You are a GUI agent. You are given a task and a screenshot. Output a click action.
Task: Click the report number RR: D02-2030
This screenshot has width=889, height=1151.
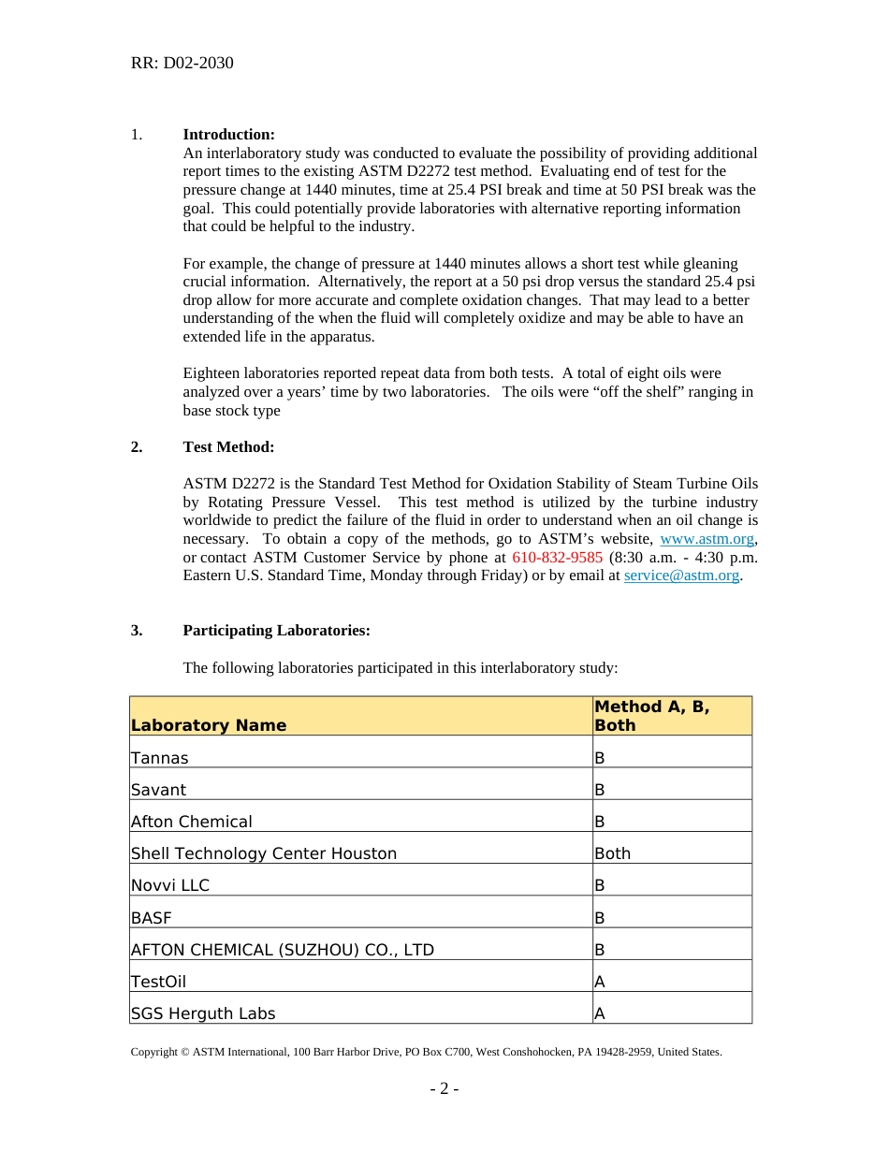[x=182, y=64]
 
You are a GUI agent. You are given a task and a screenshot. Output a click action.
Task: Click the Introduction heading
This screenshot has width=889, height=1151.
[x=228, y=135]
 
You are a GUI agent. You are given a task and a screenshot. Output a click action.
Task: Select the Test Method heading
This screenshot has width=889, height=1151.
[x=228, y=447]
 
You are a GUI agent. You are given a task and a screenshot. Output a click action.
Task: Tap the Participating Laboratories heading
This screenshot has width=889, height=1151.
[x=276, y=631]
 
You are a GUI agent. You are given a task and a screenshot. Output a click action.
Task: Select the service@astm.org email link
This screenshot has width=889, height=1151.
[x=681, y=575]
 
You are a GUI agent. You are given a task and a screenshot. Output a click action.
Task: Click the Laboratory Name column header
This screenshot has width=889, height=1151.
[x=209, y=725]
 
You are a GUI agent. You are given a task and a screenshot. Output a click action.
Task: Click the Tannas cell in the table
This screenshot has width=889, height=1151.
[x=160, y=758]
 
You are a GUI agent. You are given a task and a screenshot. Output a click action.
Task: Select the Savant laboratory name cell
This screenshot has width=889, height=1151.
[x=158, y=790]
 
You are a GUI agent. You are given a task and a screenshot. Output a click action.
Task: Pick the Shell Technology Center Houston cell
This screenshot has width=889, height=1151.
[x=264, y=853]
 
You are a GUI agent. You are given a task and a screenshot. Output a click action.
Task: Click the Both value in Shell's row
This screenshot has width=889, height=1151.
[x=613, y=853]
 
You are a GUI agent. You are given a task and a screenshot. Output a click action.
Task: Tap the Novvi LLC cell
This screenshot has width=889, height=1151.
[x=170, y=885]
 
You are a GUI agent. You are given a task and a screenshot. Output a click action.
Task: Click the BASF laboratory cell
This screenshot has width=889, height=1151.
[x=152, y=917]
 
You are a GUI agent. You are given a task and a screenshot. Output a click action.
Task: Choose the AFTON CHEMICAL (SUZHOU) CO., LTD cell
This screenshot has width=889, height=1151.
[x=283, y=950]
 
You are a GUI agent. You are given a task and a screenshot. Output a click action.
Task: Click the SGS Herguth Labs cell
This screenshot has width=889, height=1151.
[x=203, y=1013]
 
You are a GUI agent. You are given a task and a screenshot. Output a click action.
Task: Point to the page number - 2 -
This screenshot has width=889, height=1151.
[x=444, y=1089]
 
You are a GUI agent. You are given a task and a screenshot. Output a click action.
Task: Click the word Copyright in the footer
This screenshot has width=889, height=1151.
[x=153, y=1052]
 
